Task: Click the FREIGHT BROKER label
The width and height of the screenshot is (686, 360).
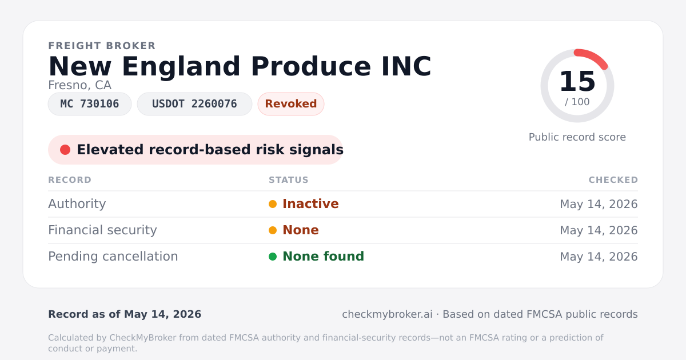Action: tap(102, 46)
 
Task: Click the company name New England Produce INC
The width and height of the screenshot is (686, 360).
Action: tap(240, 67)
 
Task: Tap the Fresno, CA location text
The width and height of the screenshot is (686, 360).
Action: tap(79, 85)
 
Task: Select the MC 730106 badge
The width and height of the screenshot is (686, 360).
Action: tap(90, 104)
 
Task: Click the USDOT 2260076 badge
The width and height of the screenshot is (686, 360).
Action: tap(194, 104)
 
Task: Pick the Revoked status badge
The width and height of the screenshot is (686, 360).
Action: tap(291, 104)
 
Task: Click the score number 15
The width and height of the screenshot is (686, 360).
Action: tap(577, 81)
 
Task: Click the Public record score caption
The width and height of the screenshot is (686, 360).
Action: tap(577, 137)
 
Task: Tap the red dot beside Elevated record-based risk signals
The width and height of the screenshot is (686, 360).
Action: tap(65, 150)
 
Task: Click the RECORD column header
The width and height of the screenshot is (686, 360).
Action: tap(70, 179)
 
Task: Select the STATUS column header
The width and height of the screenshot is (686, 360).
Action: tap(289, 179)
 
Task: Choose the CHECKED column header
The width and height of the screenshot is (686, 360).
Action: tap(613, 179)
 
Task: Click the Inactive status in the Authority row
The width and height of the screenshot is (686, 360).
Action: tap(310, 204)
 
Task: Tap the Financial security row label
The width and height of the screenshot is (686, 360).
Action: tap(102, 230)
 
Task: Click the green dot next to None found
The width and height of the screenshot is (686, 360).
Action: tap(273, 257)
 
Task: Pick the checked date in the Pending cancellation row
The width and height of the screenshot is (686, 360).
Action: tap(599, 257)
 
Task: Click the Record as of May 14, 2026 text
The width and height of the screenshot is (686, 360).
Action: tap(125, 314)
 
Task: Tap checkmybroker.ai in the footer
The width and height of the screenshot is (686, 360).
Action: tap(387, 314)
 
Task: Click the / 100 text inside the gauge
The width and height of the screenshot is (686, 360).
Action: tap(577, 102)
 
